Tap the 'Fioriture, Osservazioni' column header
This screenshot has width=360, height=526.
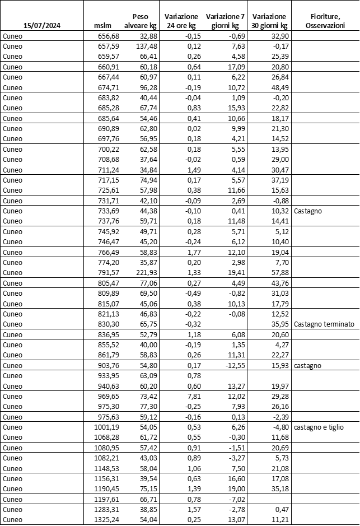click(x=326, y=21)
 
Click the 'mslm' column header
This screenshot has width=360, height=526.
click(x=104, y=26)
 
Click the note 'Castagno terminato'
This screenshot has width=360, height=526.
click(x=324, y=324)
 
